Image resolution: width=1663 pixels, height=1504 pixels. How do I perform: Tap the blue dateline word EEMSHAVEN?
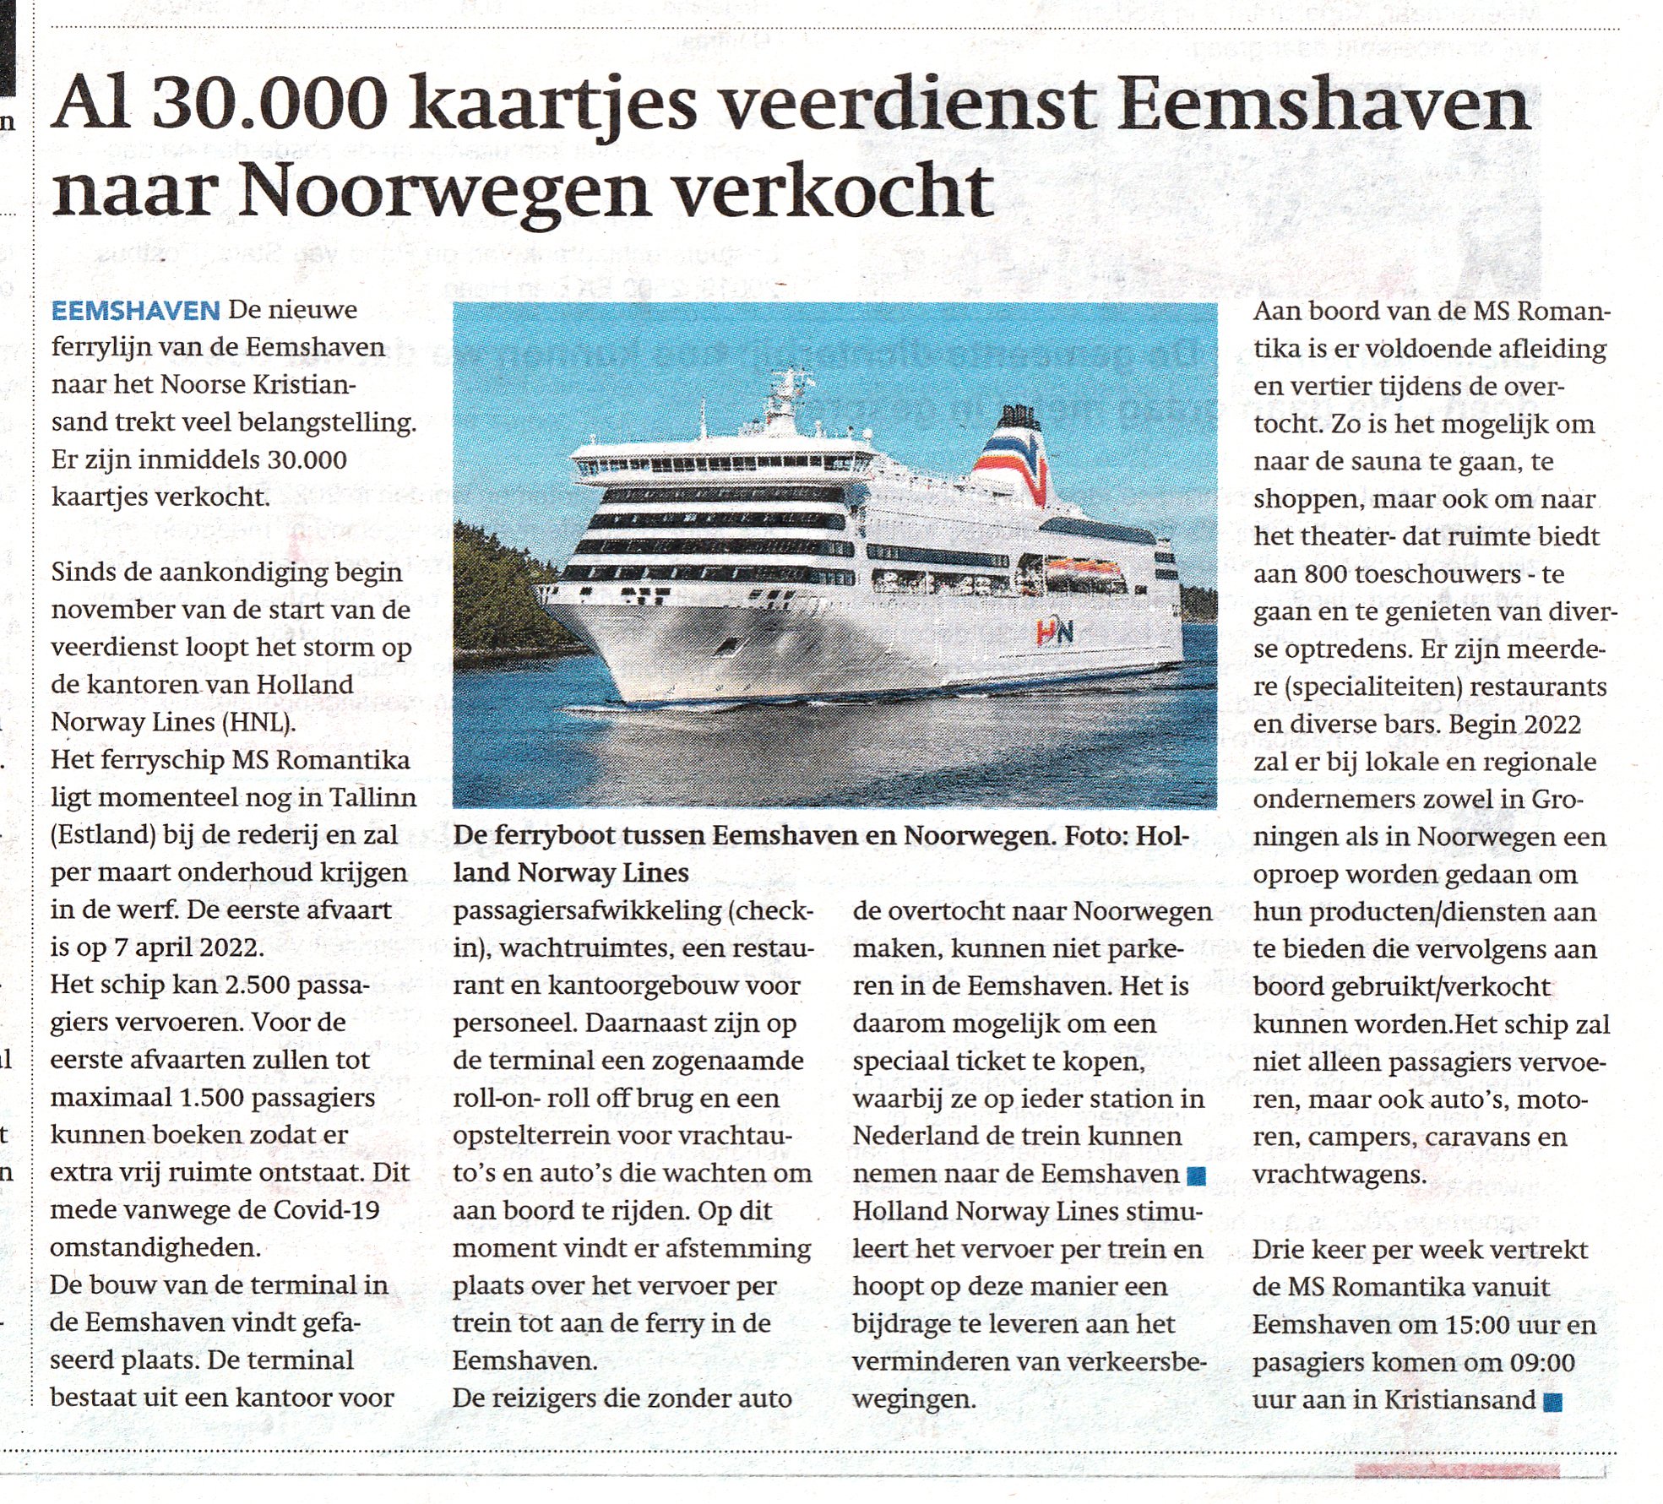[135, 311]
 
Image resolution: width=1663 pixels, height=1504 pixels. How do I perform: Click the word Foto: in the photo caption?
[1099, 835]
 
